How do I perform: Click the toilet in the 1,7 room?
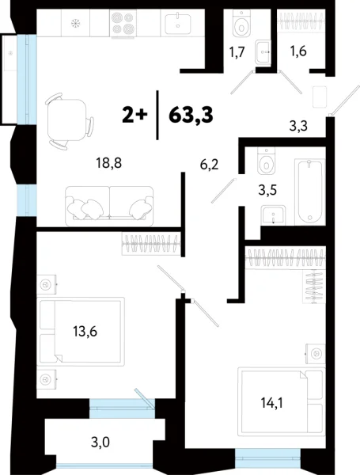coord(241,27)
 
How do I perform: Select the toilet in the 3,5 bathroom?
coord(267,165)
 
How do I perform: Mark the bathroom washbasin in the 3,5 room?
coord(274,215)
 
